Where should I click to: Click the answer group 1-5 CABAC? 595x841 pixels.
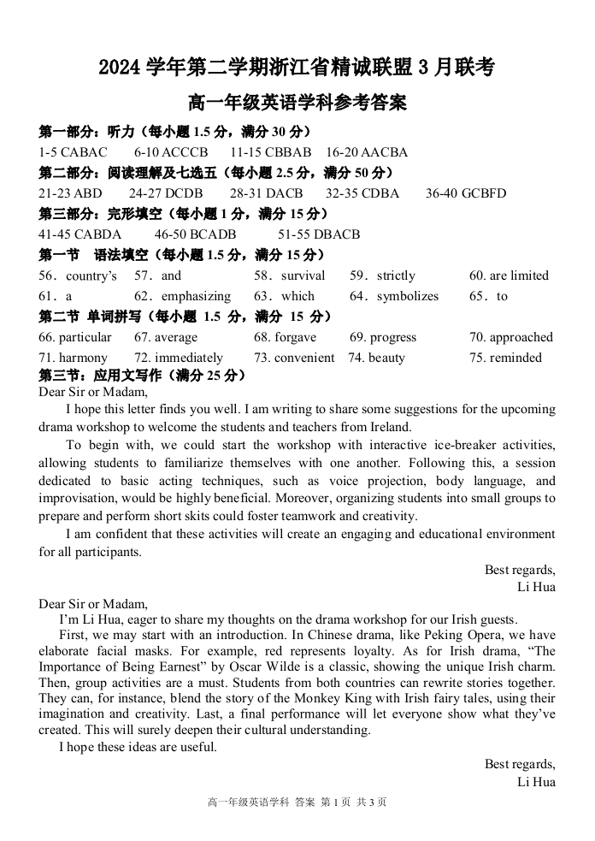(x=74, y=152)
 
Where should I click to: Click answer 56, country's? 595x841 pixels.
(x=78, y=275)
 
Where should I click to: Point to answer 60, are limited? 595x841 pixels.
(x=509, y=275)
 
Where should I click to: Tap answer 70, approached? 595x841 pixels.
(x=510, y=337)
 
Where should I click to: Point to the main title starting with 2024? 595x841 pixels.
(x=297, y=68)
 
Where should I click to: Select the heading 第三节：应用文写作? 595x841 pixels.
(x=143, y=376)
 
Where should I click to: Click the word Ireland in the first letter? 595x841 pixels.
(x=390, y=427)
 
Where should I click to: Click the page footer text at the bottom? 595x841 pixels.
(x=297, y=803)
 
